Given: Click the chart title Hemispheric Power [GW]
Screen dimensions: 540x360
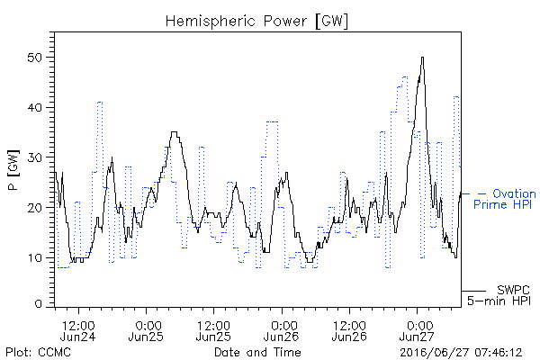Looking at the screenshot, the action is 256,22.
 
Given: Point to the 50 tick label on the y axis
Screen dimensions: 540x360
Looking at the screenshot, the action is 35,58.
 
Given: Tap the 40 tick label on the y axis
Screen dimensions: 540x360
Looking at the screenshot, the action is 35,108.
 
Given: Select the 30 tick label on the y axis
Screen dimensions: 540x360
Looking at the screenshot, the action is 35,157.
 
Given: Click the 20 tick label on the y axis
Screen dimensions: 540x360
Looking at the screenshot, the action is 35,208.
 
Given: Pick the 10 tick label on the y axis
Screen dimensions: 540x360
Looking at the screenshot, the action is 36,258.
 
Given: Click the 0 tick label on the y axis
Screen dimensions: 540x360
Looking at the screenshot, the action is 39,304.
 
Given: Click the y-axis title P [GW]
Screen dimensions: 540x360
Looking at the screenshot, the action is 13,170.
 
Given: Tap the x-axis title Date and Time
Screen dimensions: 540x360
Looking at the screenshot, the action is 257,352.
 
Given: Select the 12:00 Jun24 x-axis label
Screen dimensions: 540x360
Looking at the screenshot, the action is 77,331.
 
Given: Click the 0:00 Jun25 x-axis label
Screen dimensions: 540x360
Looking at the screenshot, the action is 146,331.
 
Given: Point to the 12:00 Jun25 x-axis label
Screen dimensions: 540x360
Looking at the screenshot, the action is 213,331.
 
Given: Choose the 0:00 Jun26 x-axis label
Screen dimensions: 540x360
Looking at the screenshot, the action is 282,331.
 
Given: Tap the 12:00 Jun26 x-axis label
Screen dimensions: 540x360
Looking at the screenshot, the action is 349,331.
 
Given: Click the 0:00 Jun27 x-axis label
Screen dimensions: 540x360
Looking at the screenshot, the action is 418,331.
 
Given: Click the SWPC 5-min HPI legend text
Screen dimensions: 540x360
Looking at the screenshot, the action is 499,295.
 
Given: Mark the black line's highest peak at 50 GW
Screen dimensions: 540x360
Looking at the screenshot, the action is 423,58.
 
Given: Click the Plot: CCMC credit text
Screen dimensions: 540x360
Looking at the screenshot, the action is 38,352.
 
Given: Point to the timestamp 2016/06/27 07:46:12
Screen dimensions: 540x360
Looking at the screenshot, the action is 461,353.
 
